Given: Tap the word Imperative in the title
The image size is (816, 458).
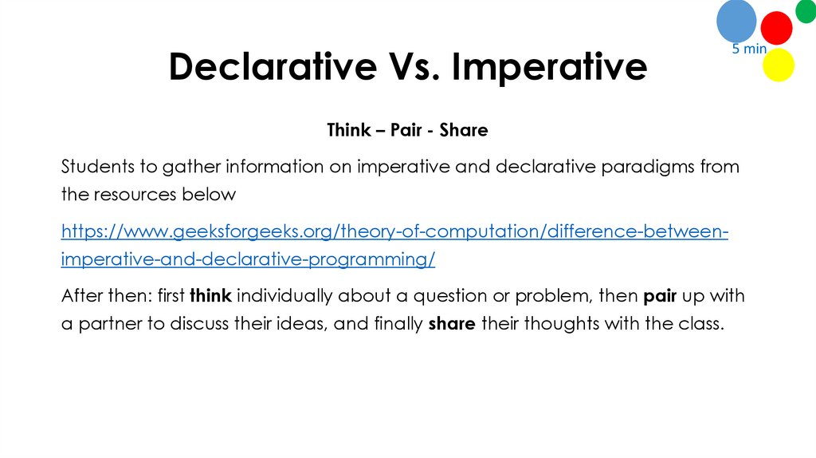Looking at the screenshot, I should (x=550, y=68).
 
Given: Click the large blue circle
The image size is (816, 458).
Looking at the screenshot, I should (x=736, y=21).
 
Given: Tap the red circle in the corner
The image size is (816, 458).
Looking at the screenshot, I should (x=776, y=28).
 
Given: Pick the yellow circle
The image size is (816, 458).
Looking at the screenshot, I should (x=779, y=65).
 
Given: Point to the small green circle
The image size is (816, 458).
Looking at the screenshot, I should (x=806, y=11).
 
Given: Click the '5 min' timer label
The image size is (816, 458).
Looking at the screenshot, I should (x=749, y=49).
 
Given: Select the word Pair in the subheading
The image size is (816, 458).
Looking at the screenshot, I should (x=406, y=129).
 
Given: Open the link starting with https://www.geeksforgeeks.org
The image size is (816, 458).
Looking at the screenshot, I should (x=394, y=232).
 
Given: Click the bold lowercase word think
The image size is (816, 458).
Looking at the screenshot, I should (x=210, y=296).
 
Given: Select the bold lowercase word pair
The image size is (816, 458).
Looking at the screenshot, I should (x=660, y=296).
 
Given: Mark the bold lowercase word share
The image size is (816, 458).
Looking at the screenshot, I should (x=452, y=325).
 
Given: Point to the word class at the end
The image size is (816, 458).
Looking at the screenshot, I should (x=704, y=325).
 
